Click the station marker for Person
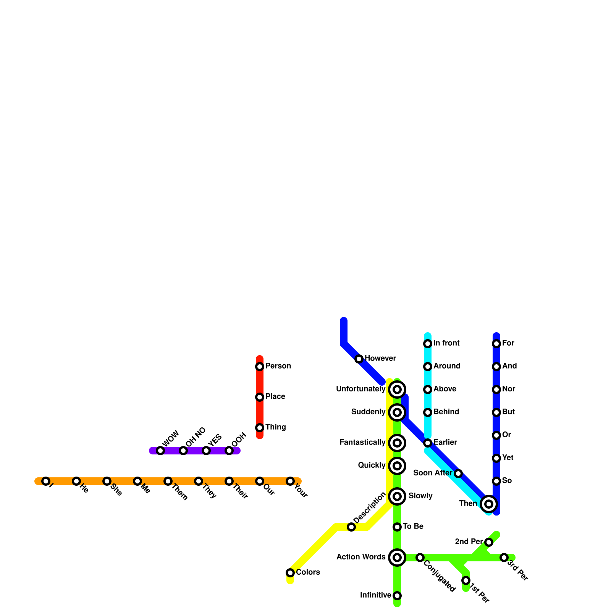pyautogui.click(x=260, y=367)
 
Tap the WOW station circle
pyautogui.click(x=160, y=451)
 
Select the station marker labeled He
pyautogui.click(x=76, y=481)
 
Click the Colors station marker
pyautogui.click(x=290, y=572)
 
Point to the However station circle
pyautogui.click(x=359, y=359)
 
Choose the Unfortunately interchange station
pyautogui.click(x=397, y=390)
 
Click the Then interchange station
pyautogui.click(x=489, y=504)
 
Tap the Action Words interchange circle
pyautogui.click(x=397, y=558)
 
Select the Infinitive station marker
pyautogui.click(x=397, y=596)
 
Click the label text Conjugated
pyautogui.click(x=440, y=576)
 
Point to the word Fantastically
pyautogui.click(x=362, y=443)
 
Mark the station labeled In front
pyautogui.click(x=428, y=344)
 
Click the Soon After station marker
pyautogui.click(x=458, y=474)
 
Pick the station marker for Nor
pyautogui.click(x=496, y=390)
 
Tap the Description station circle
pyautogui.click(x=351, y=527)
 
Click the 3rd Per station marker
pyautogui.click(x=504, y=558)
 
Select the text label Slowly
pyautogui.click(x=420, y=496)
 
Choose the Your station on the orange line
pyautogui.click(x=290, y=481)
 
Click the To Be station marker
pyautogui.click(x=397, y=527)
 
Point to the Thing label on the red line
pyautogui.click(x=275, y=427)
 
